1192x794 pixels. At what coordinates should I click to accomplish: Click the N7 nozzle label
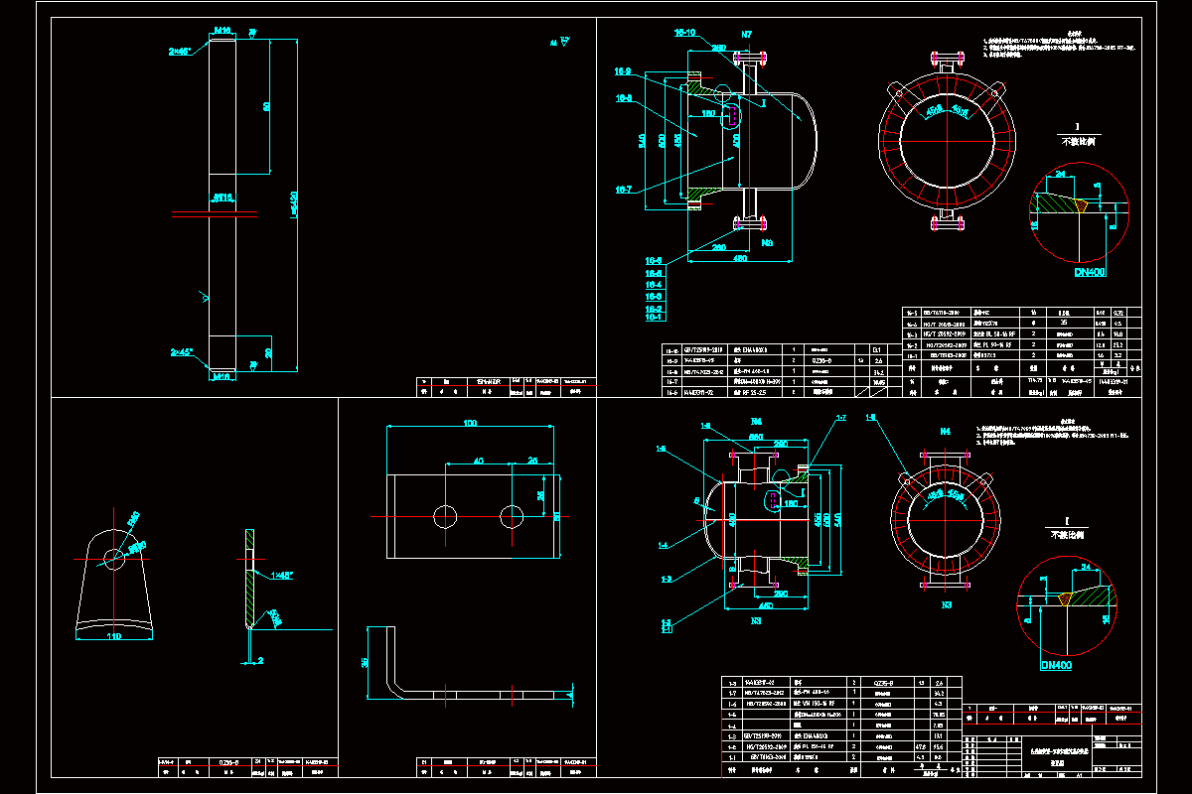747,36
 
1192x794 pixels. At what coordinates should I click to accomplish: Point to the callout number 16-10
685,33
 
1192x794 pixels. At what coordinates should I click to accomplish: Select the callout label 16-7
624,189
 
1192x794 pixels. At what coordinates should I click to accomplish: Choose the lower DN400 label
1056,665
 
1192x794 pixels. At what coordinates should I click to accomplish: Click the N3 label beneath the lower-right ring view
947,604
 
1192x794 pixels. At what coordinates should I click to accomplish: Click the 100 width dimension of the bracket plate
470,423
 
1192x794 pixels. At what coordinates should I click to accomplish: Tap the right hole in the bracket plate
512,515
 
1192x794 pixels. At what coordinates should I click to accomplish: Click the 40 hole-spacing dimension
478,461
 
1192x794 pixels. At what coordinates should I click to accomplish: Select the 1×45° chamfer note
282,575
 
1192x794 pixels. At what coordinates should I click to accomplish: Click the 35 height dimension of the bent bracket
365,662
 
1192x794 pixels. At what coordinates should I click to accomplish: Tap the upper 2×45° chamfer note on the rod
181,50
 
